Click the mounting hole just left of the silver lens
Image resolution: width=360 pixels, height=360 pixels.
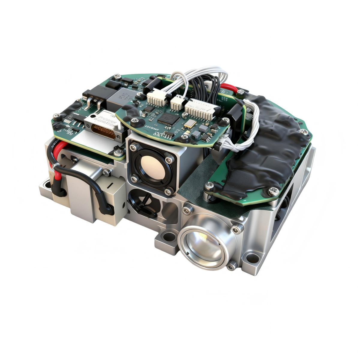click(170, 237)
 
